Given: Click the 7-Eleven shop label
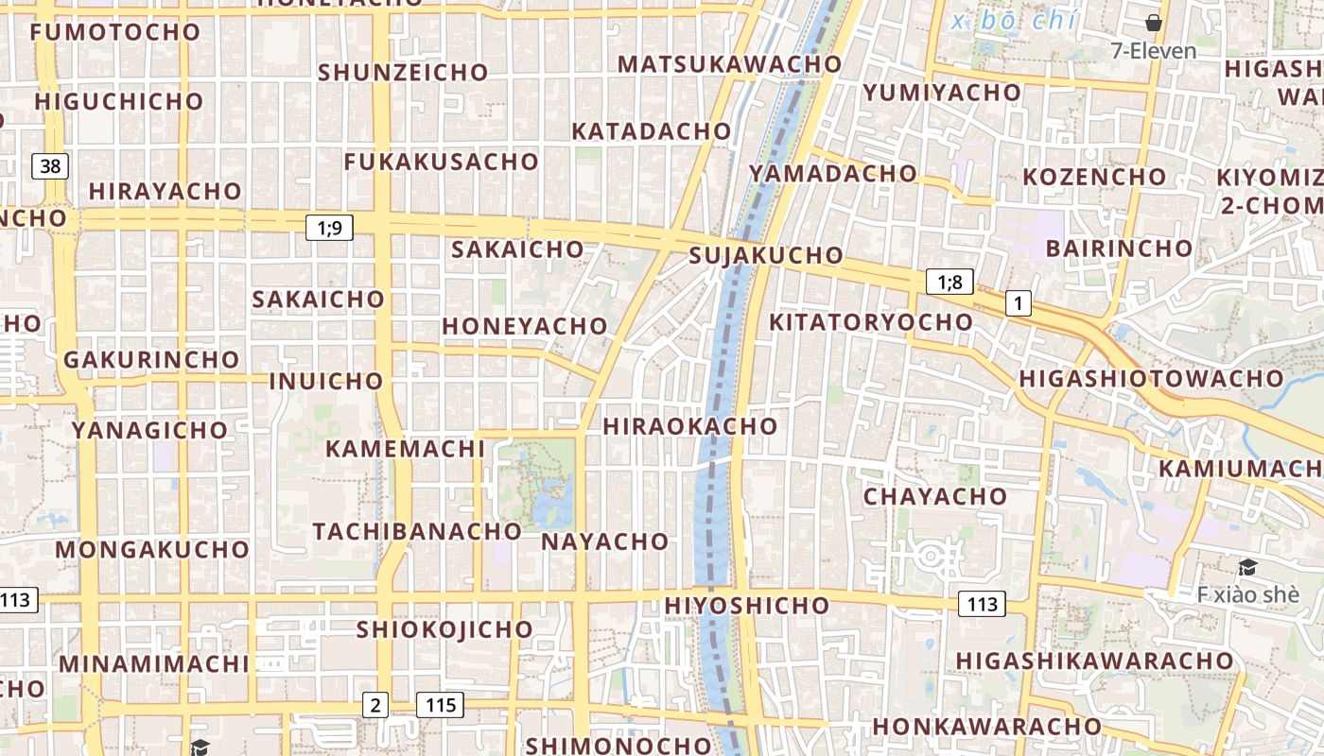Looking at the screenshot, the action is click(x=1154, y=51).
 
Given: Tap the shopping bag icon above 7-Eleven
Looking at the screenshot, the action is click(x=1154, y=23).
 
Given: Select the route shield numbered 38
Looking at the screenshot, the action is click(x=50, y=167).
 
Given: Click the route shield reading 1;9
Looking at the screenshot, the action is click(x=329, y=227).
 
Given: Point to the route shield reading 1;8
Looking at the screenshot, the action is click(x=949, y=282).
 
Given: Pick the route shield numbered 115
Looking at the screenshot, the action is click(x=441, y=704).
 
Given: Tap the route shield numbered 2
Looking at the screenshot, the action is click(x=375, y=704).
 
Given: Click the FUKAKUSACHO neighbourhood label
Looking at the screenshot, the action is click(x=441, y=162).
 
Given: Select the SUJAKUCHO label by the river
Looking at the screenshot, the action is click(x=766, y=255).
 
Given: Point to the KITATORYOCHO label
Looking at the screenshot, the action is click(x=871, y=322).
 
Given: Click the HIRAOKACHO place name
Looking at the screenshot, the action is click(x=690, y=426).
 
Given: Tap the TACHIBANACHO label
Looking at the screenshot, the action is click(x=417, y=531).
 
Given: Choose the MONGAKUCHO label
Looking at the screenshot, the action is click(x=152, y=550).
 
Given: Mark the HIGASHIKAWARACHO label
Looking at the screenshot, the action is click(x=1094, y=661).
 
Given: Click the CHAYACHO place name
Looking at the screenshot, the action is click(x=935, y=496).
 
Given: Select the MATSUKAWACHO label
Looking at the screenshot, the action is click(x=729, y=64).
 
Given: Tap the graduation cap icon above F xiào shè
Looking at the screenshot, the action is click(x=1247, y=567).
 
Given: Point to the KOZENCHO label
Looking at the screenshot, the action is click(x=1094, y=177).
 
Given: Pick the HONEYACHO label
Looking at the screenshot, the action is click(x=525, y=326).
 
